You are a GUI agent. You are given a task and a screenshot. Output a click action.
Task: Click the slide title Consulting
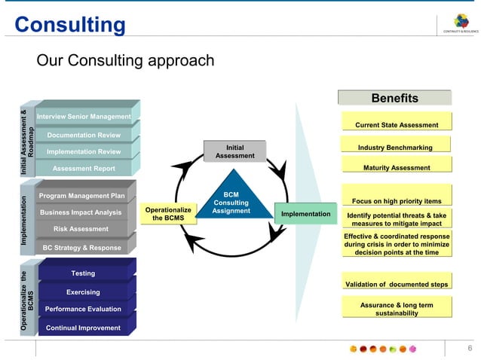point(70,24)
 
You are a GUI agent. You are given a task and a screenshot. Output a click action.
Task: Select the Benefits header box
point(394,98)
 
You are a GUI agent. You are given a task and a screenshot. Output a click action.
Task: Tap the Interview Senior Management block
point(84,117)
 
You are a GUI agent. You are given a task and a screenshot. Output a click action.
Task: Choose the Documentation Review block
point(84,135)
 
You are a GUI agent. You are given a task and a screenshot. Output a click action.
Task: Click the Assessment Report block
point(84,169)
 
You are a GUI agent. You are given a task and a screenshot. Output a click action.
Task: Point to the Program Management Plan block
point(81,196)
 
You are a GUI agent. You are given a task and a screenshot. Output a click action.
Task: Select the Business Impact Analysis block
point(81,212)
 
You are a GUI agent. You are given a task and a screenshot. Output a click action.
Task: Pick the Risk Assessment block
point(81,229)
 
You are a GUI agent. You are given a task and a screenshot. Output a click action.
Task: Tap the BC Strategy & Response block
point(81,248)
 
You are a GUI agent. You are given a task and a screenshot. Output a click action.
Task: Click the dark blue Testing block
point(83,273)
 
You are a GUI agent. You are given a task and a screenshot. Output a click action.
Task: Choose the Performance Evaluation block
point(83,309)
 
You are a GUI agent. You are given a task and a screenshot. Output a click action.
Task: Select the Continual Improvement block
point(83,328)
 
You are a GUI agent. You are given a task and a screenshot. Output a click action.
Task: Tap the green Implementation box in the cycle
point(305,215)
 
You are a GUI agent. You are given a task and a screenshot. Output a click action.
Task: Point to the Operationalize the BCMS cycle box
point(164,214)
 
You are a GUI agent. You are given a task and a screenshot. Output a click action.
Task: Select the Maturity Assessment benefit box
point(397,167)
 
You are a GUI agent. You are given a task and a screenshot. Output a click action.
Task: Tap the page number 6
point(470,348)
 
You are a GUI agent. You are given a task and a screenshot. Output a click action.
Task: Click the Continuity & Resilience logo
point(461,23)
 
